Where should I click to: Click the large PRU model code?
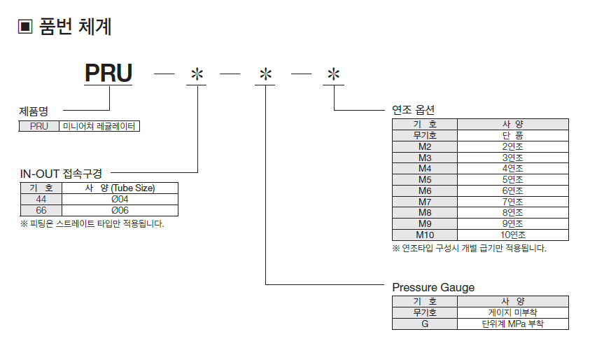pos(108,74)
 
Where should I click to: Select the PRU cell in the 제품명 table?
pos(39,127)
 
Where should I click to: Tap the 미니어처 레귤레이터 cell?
pos(99,127)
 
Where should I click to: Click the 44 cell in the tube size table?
pos(41,199)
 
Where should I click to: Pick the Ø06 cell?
pos(120,210)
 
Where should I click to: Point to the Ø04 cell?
pos(120,199)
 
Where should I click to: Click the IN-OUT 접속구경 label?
pos(61,173)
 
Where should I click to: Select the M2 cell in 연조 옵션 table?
pos(425,147)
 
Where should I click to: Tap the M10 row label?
pos(425,235)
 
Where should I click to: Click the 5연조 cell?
pos(512,179)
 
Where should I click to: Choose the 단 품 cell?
pos(512,135)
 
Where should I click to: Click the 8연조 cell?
pos(512,212)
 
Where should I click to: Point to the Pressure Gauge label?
pos(433,287)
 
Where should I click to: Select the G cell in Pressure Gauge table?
pos(425,324)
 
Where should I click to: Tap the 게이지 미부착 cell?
pos(512,313)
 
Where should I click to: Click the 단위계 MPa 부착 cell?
pos(512,324)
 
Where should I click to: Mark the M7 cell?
pos(425,202)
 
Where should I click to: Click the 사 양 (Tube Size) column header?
pos(120,188)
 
